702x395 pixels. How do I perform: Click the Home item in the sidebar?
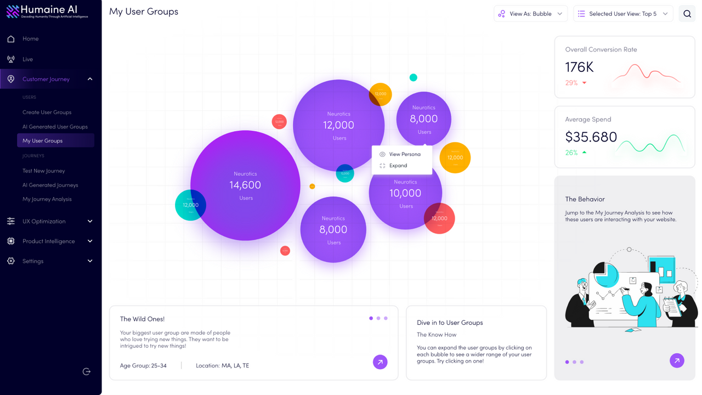30,39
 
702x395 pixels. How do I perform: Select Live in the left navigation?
27,59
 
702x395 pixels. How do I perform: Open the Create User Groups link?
47,112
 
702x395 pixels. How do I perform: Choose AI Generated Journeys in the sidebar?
50,185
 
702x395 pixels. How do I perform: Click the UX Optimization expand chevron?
90,222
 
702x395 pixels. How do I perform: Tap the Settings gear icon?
11,261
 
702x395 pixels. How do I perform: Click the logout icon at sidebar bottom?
87,371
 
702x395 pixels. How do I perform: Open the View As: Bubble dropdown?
530,14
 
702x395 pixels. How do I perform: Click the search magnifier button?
687,14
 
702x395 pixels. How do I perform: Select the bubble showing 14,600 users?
245,185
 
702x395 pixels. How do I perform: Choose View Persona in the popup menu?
404,154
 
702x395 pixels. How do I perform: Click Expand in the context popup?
398,166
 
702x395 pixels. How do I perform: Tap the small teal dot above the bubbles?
414,77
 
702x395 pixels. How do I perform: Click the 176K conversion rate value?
580,67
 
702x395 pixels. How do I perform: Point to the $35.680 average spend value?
591,137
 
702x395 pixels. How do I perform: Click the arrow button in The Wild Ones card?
380,362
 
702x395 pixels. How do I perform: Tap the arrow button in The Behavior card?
677,360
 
